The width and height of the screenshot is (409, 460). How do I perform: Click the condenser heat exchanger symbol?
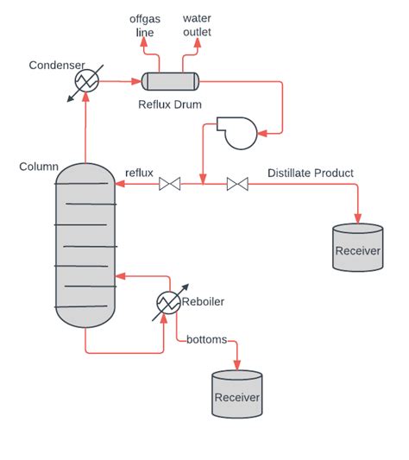[x=85, y=80]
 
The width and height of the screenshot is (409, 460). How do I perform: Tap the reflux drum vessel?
[x=170, y=81]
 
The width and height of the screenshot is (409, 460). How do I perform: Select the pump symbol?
[x=232, y=132]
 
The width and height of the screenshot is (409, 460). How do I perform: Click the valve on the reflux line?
[x=170, y=183]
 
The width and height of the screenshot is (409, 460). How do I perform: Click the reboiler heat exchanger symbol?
[x=168, y=302]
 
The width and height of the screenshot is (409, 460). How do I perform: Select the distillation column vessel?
[x=85, y=247]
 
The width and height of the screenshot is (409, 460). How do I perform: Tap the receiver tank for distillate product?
[x=358, y=248]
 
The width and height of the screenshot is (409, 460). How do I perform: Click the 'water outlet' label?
[x=197, y=25]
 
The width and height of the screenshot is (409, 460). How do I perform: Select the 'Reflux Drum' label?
[x=170, y=104]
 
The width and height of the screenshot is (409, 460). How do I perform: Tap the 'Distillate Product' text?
[x=310, y=173]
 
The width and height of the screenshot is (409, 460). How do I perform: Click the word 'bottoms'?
[x=206, y=339]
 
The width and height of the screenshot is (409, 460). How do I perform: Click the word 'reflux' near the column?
[x=139, y=173]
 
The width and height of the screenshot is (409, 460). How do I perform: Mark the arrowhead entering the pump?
[x=264, y=132]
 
